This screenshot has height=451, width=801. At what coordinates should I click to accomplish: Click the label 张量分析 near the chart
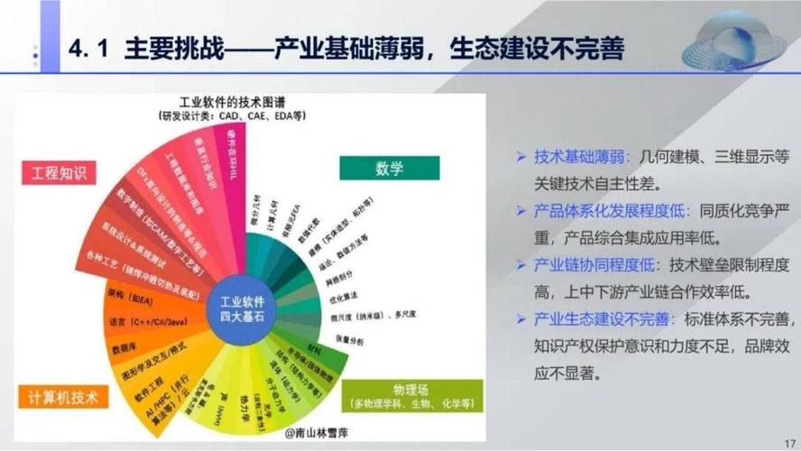[350, 341]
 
